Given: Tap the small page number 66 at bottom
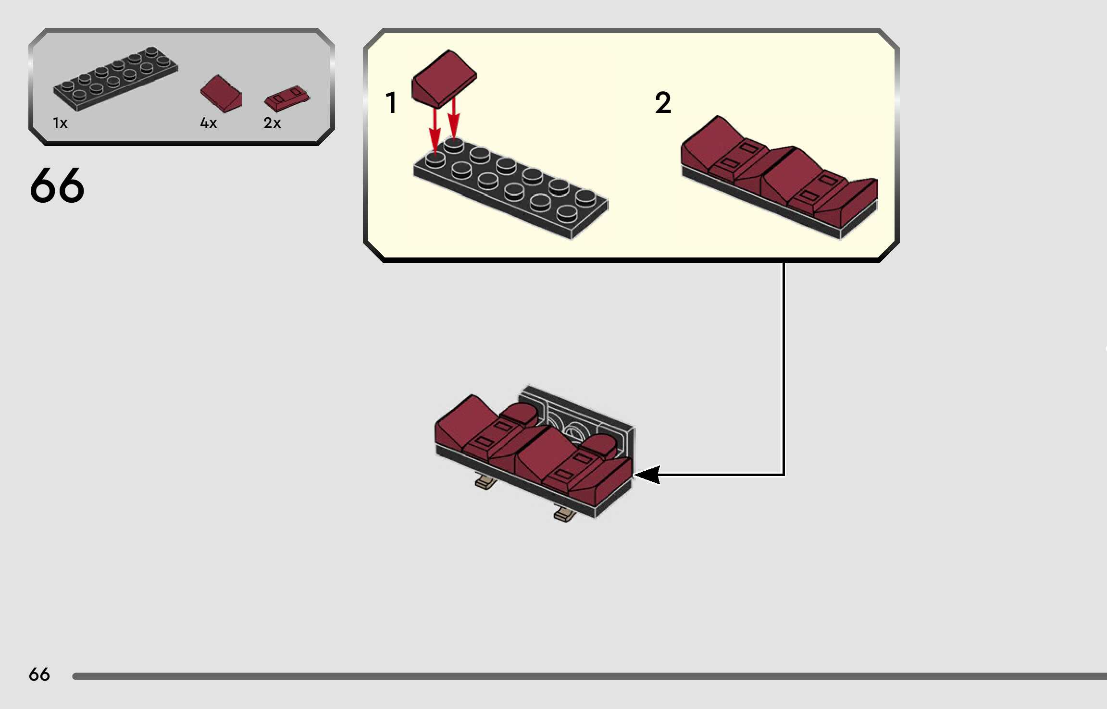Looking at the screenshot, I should [39, 674].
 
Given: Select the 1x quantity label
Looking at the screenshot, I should [60, 123].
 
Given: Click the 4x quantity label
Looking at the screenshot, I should [208, 123].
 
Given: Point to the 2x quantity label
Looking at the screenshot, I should [272, 123].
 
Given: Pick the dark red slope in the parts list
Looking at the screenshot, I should [221, 94].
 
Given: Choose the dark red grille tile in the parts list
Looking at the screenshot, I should [287, 98].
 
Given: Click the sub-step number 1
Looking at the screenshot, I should [391, 103].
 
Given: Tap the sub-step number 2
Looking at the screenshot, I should [663, 103].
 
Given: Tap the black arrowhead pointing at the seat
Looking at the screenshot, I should [647, 475].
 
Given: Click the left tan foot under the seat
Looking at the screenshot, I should [485, 482].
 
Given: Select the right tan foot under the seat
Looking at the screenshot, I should [565, 514].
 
